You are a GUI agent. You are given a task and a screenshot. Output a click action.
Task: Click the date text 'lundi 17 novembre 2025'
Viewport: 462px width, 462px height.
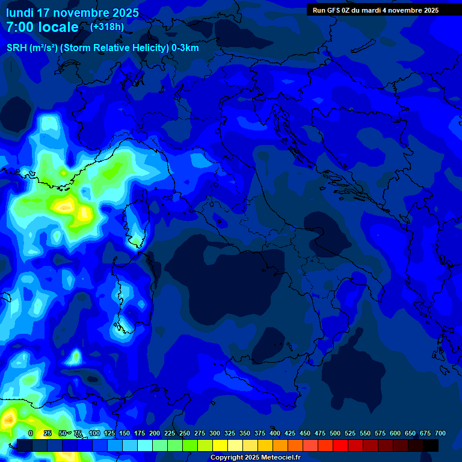click(x=72, y=13)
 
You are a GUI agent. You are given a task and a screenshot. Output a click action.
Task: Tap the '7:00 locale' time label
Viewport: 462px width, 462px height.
click(x=42, y=27)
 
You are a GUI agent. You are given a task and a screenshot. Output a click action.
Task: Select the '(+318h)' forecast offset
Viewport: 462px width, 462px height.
click(x=107, y=27)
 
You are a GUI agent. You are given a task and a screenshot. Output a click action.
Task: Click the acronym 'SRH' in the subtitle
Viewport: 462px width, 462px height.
click(x=17, y=48)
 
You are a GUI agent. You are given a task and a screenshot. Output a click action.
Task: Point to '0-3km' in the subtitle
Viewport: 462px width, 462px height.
click(x=185, y=48)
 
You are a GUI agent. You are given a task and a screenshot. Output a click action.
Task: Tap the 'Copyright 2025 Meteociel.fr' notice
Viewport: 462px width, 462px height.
click(x=255, y=458)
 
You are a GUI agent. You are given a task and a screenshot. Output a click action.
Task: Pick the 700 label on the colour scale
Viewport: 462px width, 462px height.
click(x=440, y=433)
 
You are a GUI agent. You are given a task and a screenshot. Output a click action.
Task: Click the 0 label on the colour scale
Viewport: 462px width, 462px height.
click(x=31, y=433)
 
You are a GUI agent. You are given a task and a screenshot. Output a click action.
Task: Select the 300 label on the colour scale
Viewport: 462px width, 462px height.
click(x=214, y=433)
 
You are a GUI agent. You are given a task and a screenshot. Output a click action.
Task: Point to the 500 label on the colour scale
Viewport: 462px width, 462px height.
click(x=335, y=433)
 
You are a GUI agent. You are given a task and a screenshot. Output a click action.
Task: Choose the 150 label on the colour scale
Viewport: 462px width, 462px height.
click(x=124, y=433)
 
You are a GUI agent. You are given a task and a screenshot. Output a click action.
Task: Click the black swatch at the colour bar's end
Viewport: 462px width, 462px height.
click(x=431, y=445)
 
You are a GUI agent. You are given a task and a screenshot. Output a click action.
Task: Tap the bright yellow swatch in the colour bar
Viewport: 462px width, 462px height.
click(x=220, y=445)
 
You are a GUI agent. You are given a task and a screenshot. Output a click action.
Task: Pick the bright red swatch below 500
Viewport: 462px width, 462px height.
click(x=340, y=445)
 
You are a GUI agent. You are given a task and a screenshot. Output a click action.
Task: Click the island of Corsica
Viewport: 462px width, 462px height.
click(x=137, y=226)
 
